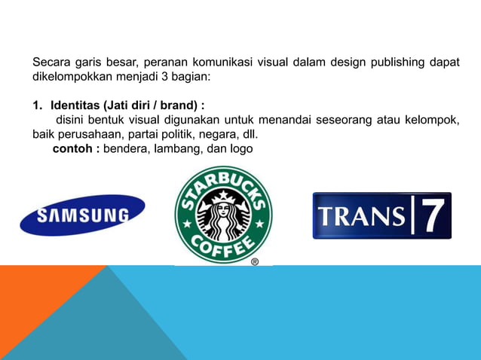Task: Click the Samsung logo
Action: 82,215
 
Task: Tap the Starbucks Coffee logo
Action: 223,215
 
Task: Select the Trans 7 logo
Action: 381,215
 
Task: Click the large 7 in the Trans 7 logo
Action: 432,216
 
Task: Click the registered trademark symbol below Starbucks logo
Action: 254,261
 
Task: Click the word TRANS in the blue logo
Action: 360,216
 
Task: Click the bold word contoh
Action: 73,149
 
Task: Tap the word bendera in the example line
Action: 126,149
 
